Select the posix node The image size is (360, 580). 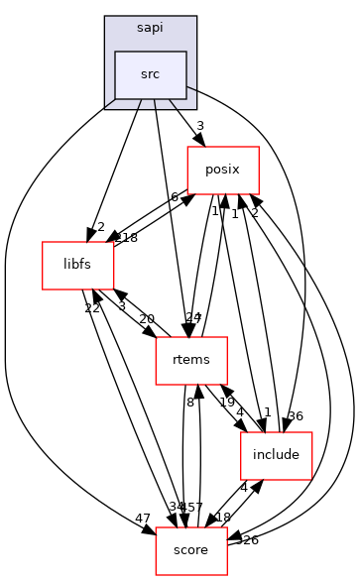(x=223, y=170)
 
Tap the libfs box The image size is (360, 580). (x=77, y=265)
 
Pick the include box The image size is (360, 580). (x=277, y=455)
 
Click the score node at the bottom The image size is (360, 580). (x=191, y=550)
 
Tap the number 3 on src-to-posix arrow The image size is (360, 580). (x=199, y=126)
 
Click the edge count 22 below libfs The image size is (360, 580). (x=92, y=308)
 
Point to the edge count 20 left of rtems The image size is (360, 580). (x=147, y=318)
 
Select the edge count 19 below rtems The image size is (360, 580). (x=226, y=403)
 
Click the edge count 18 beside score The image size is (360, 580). (x=223, y=518)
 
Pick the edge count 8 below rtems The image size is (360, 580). (x=189, y=403)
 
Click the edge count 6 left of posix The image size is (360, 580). (x=175, y=197)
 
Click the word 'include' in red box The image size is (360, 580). (x=277, y=455)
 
